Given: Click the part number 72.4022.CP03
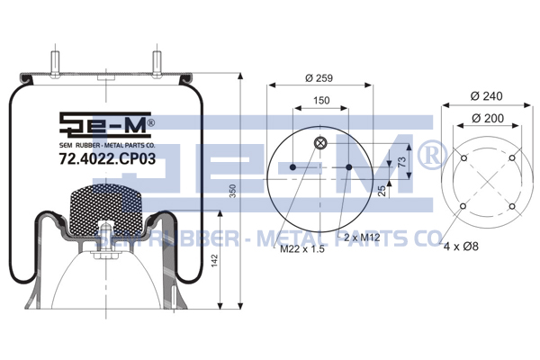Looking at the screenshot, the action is [x=107, y=158].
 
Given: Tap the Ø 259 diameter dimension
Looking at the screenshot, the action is [x=319, y=78].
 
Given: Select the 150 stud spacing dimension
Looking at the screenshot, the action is [x=321, y=100].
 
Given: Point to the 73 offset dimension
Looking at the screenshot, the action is [x=402, y=162].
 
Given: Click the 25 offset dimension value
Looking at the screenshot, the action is [x=382, y=191].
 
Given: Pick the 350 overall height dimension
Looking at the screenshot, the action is [x=233, y=191].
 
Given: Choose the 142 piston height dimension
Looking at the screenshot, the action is [x=214, y=261].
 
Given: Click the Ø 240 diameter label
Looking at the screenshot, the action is [x=486, y=95].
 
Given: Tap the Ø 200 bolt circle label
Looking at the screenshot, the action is [x=488, y=118].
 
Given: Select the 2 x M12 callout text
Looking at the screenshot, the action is [x=362, y=237].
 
